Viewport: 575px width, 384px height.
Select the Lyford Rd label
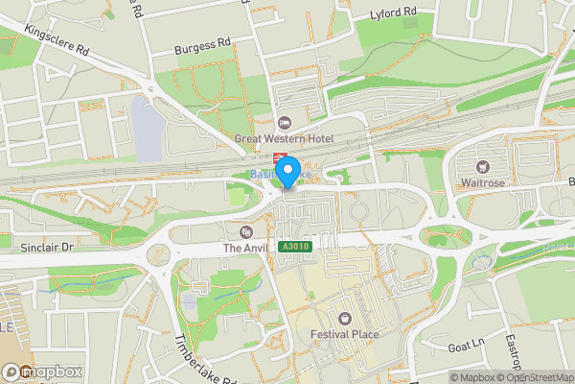click(x=394, y=12)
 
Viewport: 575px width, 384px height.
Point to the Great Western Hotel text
click(x=284, y=139)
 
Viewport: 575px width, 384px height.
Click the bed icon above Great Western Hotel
click(x=284, y=123)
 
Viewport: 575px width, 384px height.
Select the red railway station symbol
click(x=280, y=158)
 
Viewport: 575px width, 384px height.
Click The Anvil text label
click(x=246, y=248)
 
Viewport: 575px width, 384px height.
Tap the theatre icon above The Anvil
click(x=246, y=231)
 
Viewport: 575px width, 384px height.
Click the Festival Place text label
click(x=344, y=334)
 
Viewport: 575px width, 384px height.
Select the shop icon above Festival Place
click(x=344, y=318)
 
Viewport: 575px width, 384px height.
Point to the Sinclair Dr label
click(x=46, y=247)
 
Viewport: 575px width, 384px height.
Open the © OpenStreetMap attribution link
click(x=535, y=377)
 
